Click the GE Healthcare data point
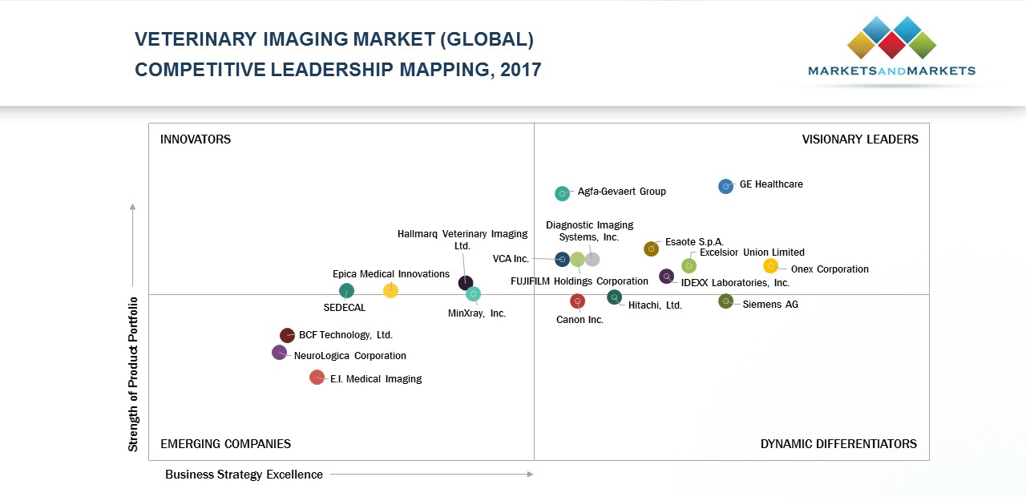tap(725, 186)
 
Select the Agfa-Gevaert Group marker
tap(562, 193)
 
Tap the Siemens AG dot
tap(725, 301)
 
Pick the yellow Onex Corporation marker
tap(770, 266)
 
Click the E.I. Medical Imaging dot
tap(317, 378)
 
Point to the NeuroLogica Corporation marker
tap(279, 352)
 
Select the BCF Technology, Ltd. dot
tap(287, 335)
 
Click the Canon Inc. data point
tap(577, 301)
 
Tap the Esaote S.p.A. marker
tap(651, 249)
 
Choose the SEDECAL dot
tap(346, 291)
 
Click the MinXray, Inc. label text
tap(477, 313)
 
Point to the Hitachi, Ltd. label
tap(655, 305)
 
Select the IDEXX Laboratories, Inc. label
tap(735, 283)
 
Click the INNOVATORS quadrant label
tap(196, 139)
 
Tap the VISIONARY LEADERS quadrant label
tap(860, 139)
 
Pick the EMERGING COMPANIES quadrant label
tap(225, 444)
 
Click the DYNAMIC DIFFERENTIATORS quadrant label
tap(838, 444)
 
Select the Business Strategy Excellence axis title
tap(244, 475)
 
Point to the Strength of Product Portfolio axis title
tap(134, 374)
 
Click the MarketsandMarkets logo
tap(891, 48)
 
